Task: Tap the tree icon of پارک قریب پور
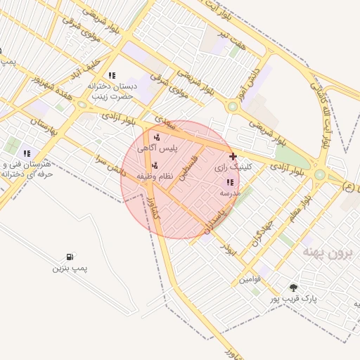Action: (x=293, y=288)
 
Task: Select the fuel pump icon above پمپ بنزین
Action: (x=70, y=257)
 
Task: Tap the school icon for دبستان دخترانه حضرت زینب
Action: (x=111, y=75)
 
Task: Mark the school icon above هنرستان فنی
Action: (x=27, y=153)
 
